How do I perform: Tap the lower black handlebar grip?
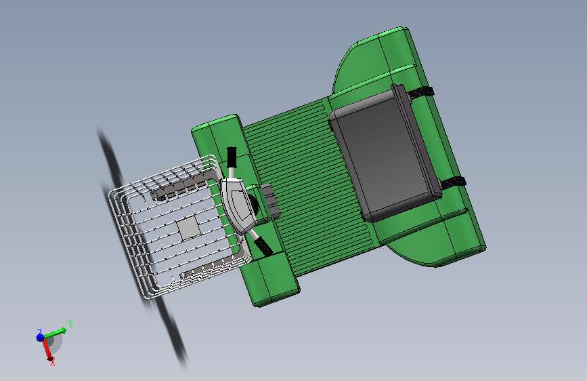click(265, 246)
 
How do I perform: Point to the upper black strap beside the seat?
click(423, 94)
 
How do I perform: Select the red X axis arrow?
click(47, 348)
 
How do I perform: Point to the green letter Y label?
click(70, 324)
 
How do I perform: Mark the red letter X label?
click(52, 363)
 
